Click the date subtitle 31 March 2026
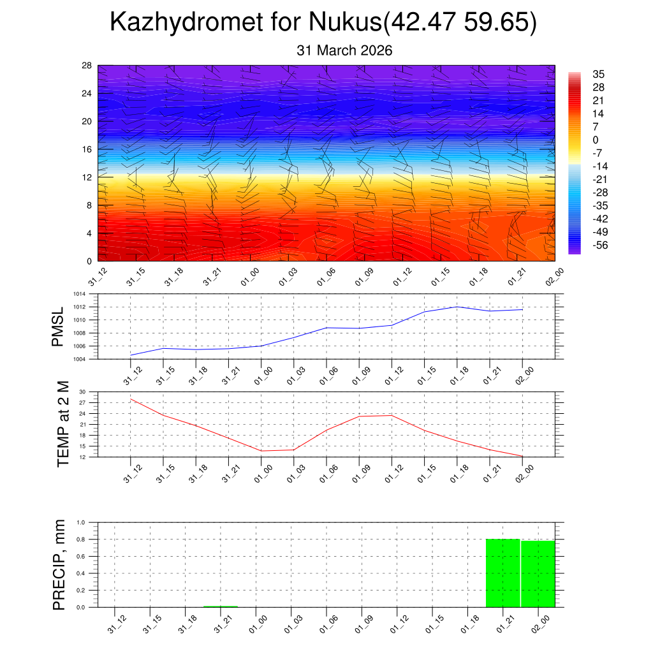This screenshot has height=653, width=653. [344, 50]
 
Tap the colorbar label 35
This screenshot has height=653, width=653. [598, 74]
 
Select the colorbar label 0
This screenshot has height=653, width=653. [596, 140]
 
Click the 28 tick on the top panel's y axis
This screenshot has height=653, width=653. [87, 66]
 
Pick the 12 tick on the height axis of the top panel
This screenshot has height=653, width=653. [87, 177]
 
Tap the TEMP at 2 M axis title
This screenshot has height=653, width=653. [62, 425]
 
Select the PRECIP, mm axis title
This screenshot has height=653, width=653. [59, 564]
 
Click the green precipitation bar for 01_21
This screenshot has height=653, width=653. [503, 573]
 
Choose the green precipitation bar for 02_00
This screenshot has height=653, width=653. [538, 574]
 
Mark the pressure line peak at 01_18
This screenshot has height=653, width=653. [457, 307]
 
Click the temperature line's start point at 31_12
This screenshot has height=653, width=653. [131, 399]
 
